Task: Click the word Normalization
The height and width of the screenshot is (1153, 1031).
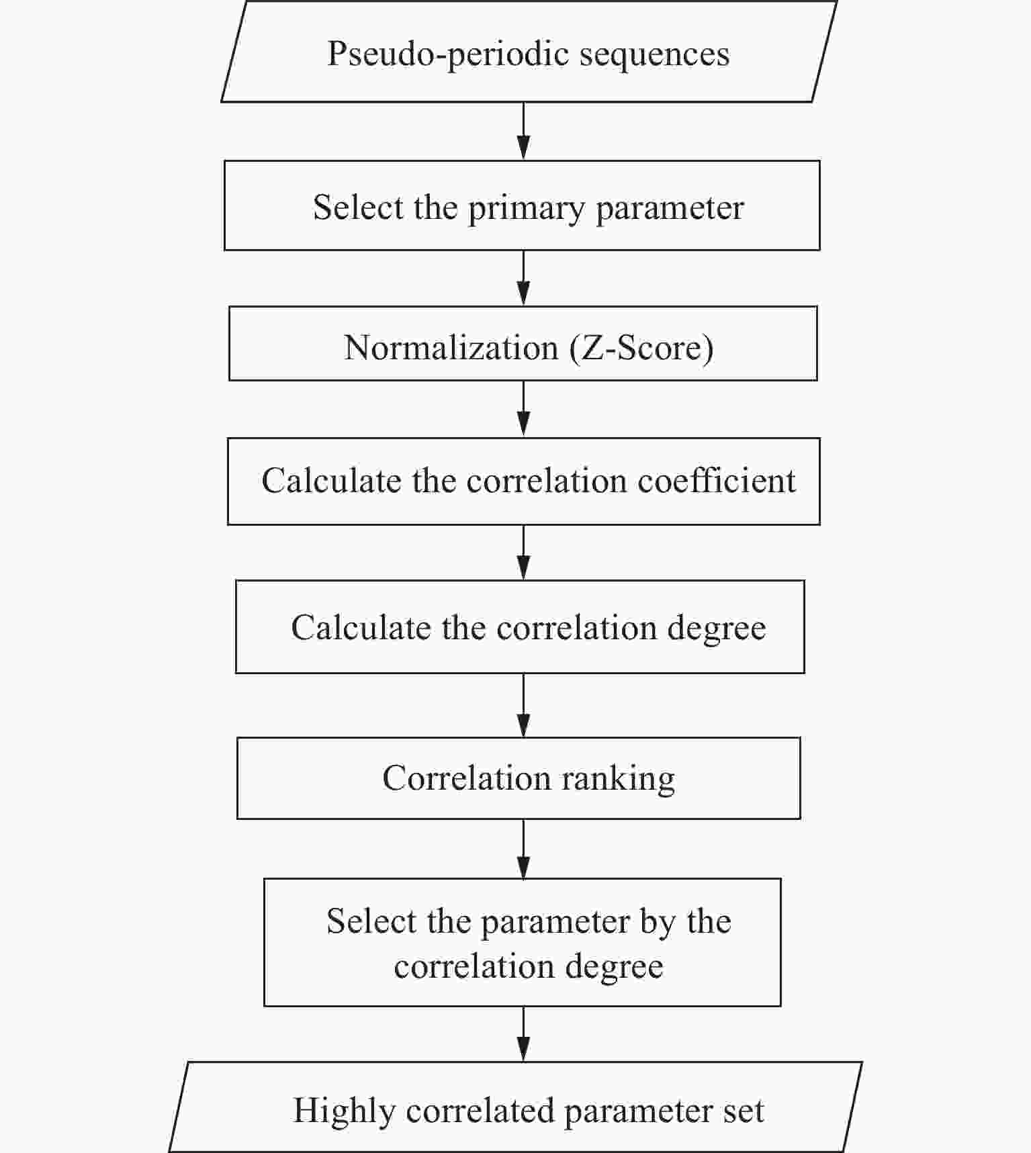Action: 451,348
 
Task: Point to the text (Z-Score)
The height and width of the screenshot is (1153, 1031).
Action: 641,348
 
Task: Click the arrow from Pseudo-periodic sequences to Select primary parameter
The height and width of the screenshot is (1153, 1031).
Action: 523,131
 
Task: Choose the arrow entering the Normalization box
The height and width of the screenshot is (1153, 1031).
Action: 523,278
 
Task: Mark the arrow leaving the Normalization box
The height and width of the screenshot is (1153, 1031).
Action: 523,409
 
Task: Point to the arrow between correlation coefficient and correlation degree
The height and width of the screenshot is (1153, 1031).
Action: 523,552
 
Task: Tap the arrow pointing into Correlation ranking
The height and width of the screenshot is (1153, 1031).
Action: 523,705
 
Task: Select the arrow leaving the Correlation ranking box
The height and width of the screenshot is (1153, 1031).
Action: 523,849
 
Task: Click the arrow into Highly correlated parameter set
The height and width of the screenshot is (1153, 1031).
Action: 523,1033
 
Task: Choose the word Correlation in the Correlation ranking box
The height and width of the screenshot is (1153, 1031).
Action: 467,779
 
